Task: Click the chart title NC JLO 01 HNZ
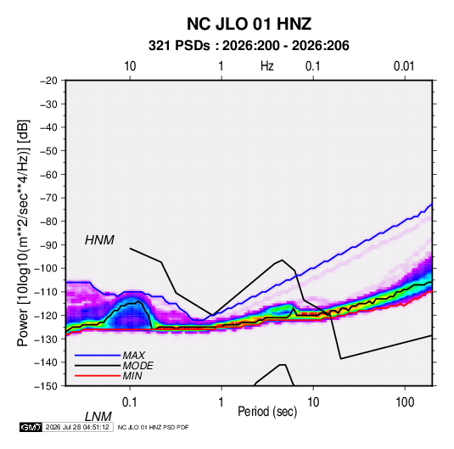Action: tap(249, 24)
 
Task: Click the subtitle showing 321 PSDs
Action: tap(249, 46)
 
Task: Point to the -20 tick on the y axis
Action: tap(48, 81)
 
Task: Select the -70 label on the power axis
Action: tap(48, 198)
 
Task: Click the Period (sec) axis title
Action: tap(267, 412)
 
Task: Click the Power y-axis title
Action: tap(23, 233)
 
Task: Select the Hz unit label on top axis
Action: tap(267, 66)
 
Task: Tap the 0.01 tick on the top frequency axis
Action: tap(404, 66)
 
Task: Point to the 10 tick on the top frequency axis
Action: tap(130, 66)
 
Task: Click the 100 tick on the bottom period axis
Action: tap(405, 402)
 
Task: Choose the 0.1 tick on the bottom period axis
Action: tap(130, 402)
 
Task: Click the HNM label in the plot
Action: tap(99, 240)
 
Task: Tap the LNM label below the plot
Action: tap(98, 417)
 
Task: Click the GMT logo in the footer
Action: tap(31, 427)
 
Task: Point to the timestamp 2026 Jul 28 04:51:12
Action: tap(77, 427)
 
